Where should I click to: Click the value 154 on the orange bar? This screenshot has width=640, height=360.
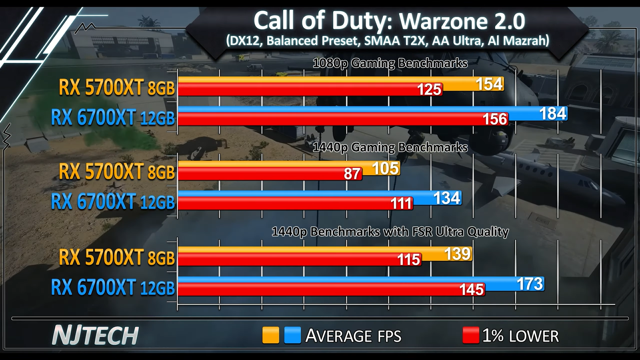(x=489, y=84)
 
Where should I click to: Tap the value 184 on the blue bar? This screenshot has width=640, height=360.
(x=553, y=114)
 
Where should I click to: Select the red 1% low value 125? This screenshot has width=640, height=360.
(x=429, y=90)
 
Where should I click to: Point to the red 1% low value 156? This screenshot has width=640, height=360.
(x=495, y=119)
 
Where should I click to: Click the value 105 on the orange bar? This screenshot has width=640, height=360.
(x=386, y=168)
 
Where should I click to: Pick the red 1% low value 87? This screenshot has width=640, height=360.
(x=352, y=174)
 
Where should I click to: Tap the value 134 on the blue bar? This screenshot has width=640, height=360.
(x=447, y=198)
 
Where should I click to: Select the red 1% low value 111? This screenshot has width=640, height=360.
(x=401, y=204)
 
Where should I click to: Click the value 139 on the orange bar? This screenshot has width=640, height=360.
(x=458, y=254)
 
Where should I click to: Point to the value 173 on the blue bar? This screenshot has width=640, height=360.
(x=530, y=284)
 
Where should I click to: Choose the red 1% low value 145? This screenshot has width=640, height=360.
(x=472, y=290)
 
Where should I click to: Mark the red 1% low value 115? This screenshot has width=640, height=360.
(x=408, y=260)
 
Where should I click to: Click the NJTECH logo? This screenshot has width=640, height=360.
(x=96, y=335)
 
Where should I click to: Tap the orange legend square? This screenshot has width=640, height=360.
(x=270, y=335)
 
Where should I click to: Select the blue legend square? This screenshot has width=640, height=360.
(x=292, y=335)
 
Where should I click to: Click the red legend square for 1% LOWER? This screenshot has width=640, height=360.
(x=470, y=335)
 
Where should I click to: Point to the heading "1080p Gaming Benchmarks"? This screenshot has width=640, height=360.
(x=390, y=63)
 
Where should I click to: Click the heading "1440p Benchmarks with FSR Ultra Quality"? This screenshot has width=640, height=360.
(x=390, y=232)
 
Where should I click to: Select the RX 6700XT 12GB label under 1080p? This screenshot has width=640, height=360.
(x=113, y=118)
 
